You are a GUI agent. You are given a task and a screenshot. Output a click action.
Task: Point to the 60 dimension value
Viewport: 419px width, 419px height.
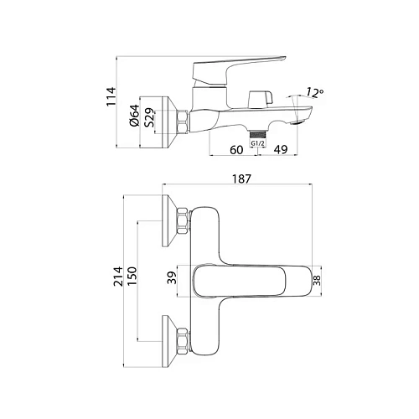pos(236,149)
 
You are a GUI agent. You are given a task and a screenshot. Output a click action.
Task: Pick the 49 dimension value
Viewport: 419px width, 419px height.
pos(282,149)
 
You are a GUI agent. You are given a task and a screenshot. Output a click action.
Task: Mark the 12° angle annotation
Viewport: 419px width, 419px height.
pos(314,91)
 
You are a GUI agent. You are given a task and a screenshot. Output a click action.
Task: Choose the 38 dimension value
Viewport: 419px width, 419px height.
pos(317,282)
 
